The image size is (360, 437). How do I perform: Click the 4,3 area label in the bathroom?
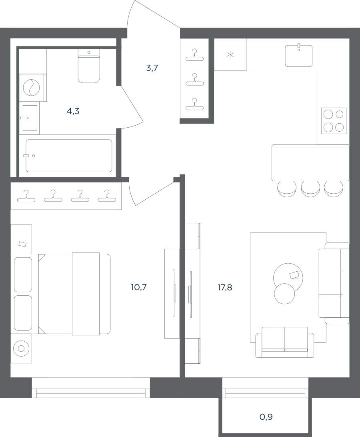point(73,112)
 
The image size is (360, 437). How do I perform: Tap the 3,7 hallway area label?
point(152,68)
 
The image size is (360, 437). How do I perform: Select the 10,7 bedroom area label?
point(139,287)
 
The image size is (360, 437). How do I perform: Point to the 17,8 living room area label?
point(224,287)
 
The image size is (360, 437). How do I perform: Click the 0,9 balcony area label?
point(266,417)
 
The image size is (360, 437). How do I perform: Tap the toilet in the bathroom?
point(89,66)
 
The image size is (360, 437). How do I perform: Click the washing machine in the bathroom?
point(31,88)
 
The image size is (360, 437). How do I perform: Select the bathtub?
point(69,156)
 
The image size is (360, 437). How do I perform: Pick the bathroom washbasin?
point(30,118)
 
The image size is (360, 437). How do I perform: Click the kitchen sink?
point(299,56)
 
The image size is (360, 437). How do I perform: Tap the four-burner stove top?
point(334,121)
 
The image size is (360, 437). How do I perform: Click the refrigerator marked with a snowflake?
point(230,54)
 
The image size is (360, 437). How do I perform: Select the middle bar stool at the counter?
point(310,189)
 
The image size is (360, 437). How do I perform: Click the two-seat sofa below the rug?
point(285,343)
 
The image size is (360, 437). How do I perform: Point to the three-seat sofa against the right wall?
point(334,283)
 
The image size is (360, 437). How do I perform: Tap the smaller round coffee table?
point(284,294)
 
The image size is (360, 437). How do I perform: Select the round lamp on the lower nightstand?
point(21,349)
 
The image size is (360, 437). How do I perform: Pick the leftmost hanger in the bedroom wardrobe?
point(26,196)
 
